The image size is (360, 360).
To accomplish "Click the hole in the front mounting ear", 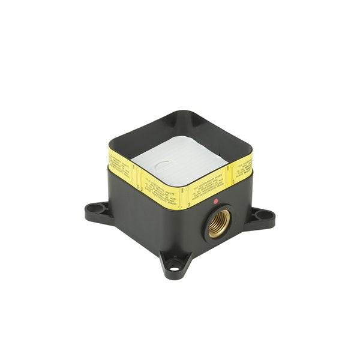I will (x=173, y=262).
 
